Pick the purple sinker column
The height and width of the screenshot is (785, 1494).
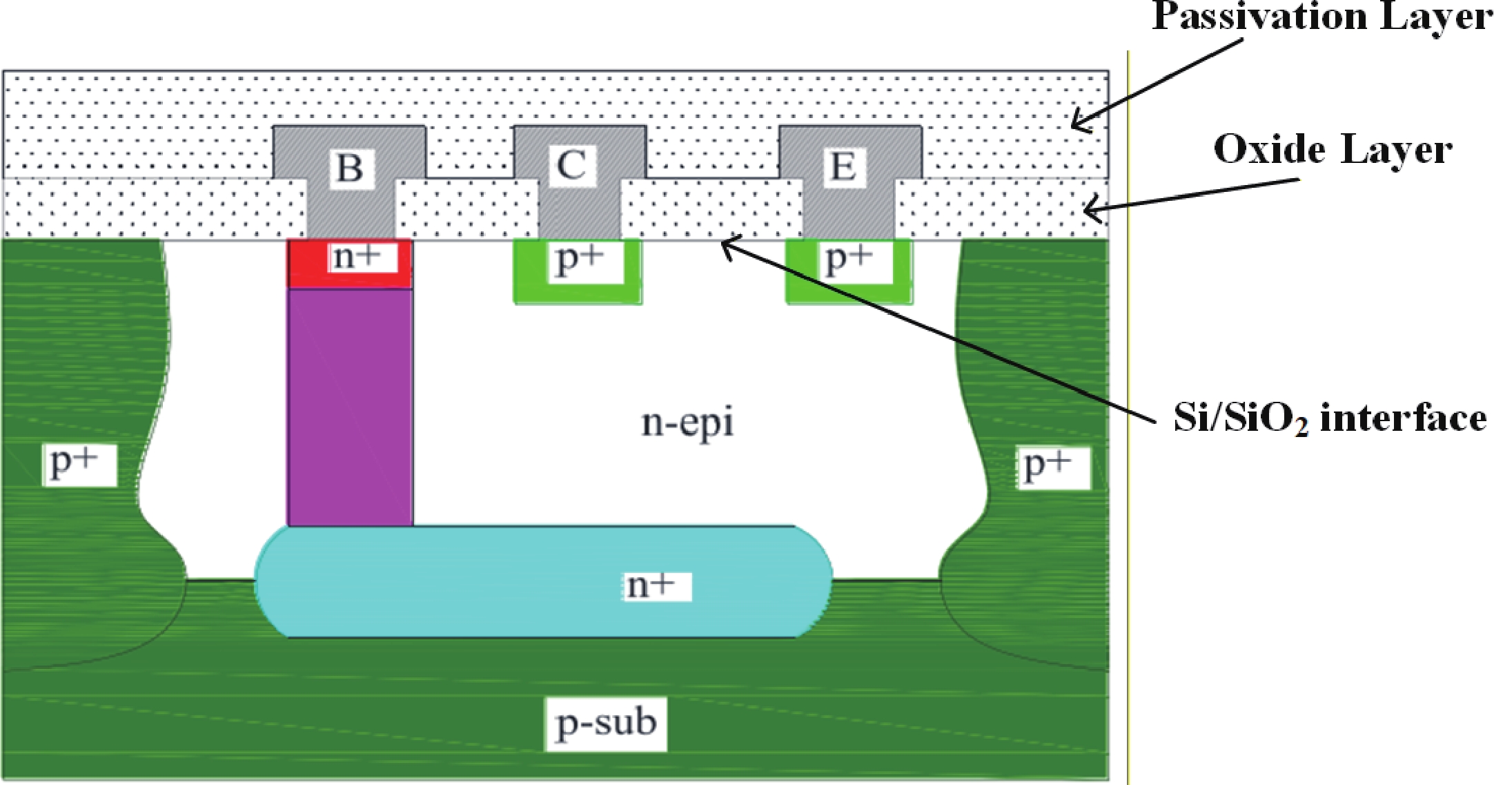click(x=350, y=407)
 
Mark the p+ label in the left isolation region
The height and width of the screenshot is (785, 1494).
click(x=79, y=465)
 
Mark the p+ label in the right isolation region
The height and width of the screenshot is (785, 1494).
click(x=1052, y=467)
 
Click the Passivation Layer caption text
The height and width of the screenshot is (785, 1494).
click(x=1321, y=17)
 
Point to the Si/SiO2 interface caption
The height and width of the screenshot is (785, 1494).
click(x=1330, y=418)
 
